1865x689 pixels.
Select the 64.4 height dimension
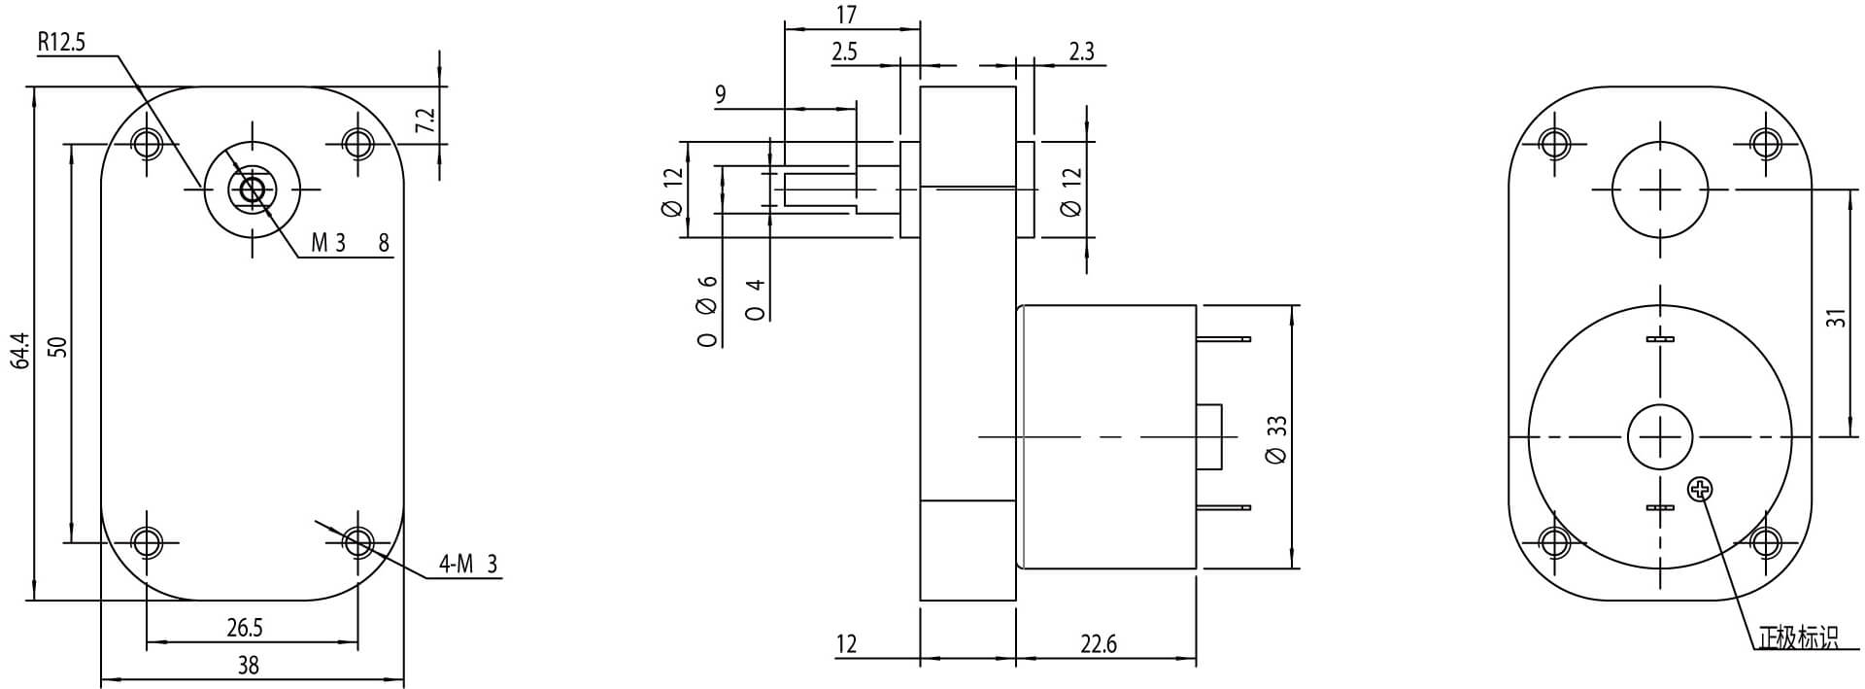(19, 350)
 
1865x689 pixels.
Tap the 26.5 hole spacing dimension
(245, 628)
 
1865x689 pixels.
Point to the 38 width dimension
(249, 666)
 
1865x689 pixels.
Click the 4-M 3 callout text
(467, 564)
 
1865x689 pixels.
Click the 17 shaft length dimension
(846, 16)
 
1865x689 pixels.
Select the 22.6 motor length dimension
(1098, 644)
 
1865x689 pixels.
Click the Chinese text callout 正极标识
(1798, 638)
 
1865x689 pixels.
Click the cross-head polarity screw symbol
(1700, 489)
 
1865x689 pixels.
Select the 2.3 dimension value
(1080, 52)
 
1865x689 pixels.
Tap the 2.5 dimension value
(844, 52)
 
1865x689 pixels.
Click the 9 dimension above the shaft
(720, 94)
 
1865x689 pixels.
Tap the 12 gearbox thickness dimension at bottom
(846, 644)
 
